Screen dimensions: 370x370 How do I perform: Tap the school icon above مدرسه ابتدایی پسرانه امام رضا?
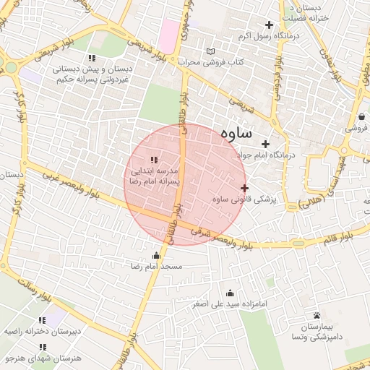pyautogui.click(x=153, y=159)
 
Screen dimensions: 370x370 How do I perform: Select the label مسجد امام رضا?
pyautogui.click(x=163, y=267)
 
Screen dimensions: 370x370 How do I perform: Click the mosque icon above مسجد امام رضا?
pyautogui.click(x=157, y=255)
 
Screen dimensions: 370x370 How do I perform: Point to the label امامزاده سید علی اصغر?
pyautogui.click(x=231, y=304)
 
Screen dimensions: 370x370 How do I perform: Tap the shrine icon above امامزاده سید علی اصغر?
pyautogui.click(x=230, y=293)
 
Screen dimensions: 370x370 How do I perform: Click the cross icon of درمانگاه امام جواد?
pyautogui.click(x=267, y=144)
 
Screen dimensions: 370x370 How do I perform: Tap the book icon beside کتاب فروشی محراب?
pyautogui.click(x=210, y=52)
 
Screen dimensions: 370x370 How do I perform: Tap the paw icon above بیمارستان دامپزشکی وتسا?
pyautogui.click(x=317, y=315)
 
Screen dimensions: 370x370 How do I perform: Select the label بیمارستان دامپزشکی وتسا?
pyautogui.click(x=313, y=332)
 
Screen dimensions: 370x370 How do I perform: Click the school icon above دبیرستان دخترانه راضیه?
pyautogui.click(x=41, y=319)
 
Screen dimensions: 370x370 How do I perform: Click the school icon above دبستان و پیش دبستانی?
pyautogui.click(x=90, y=58)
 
